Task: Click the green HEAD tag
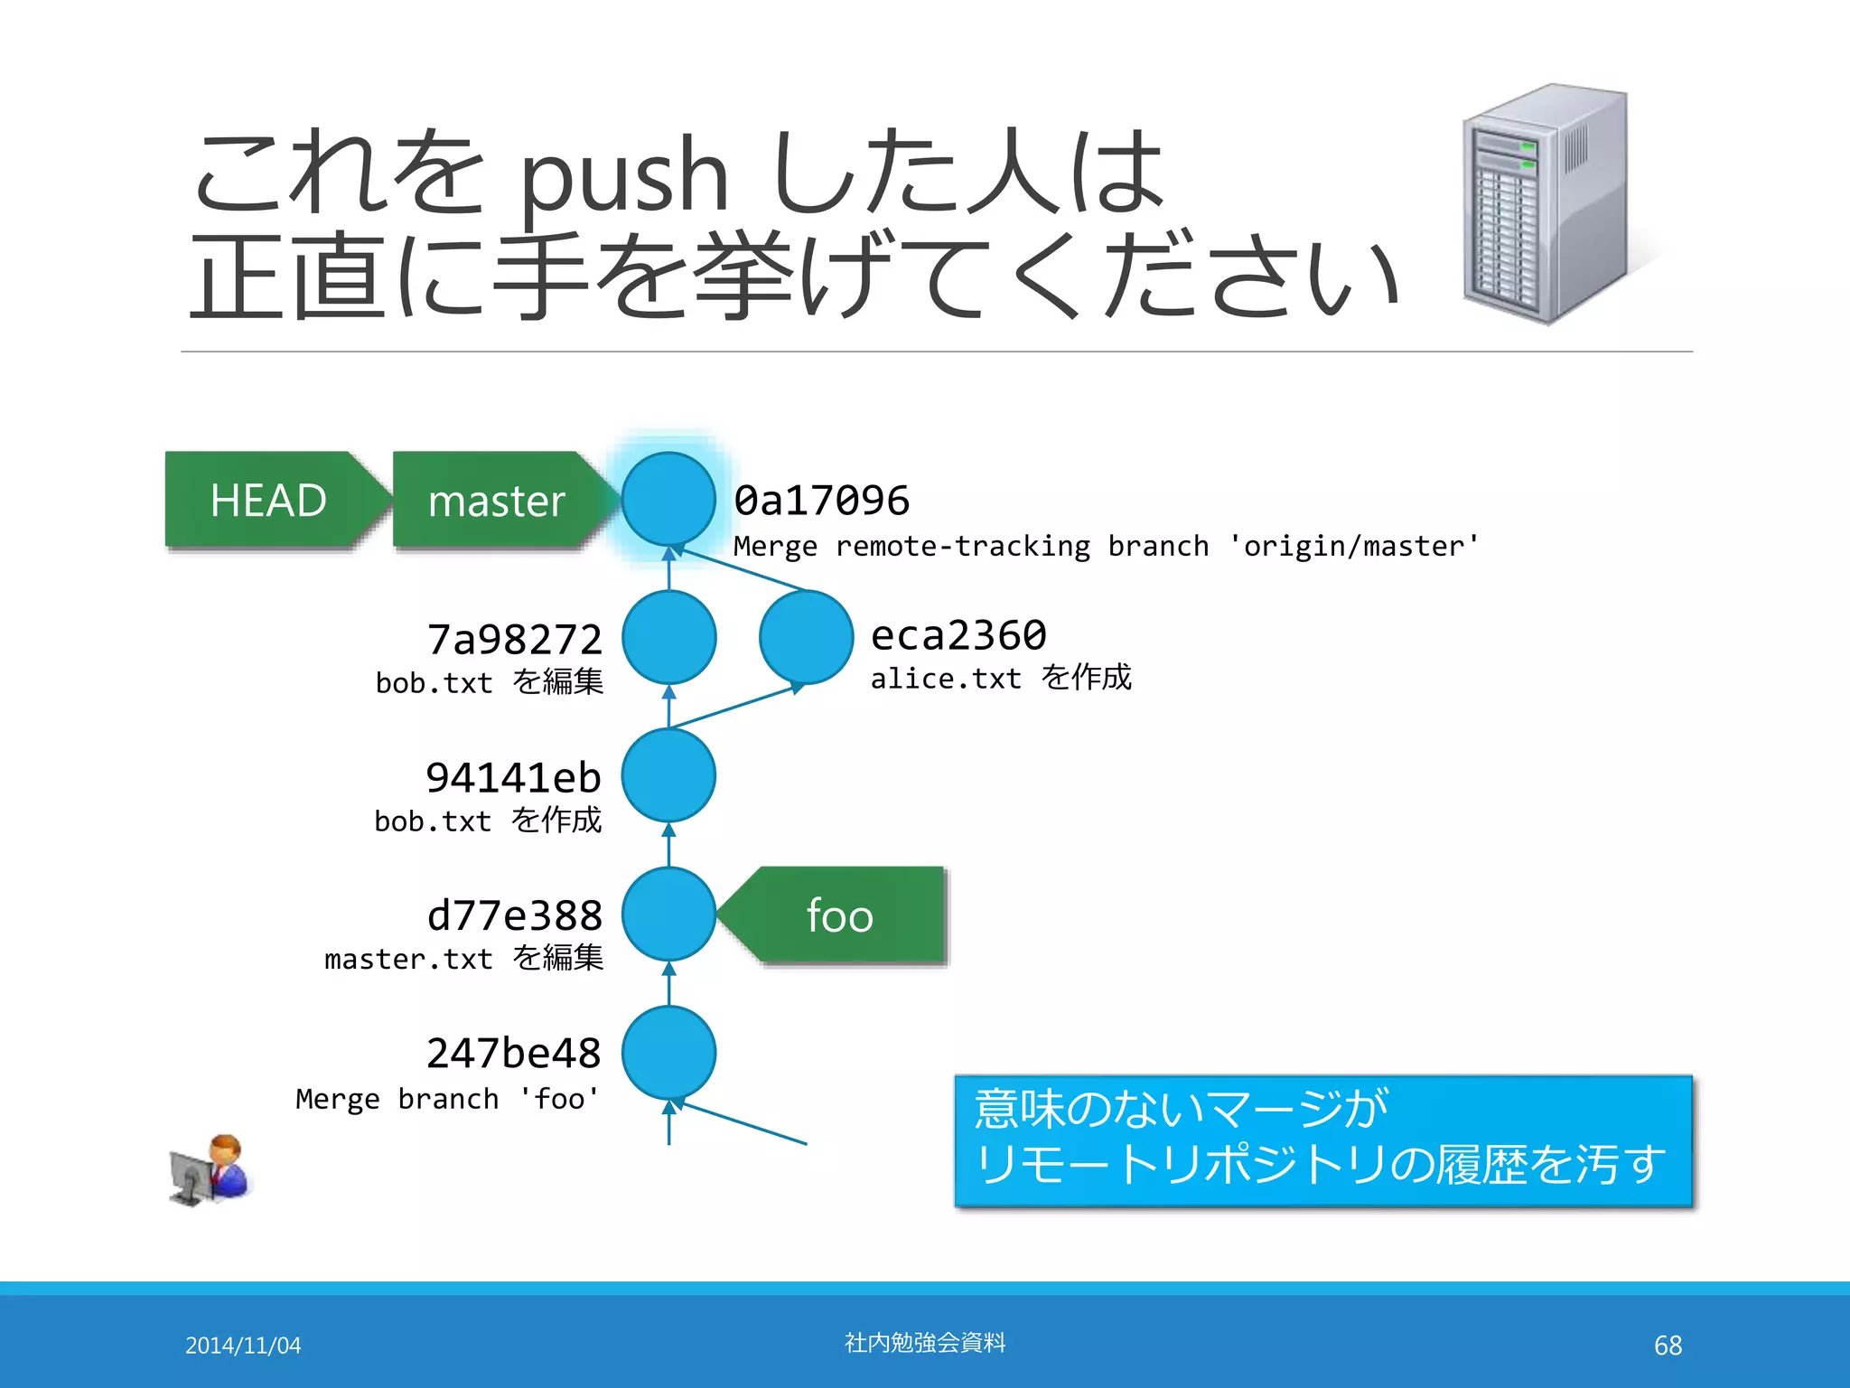[x=268, y=500]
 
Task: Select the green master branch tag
[x=497, y=500]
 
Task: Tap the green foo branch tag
[x=840, y=915]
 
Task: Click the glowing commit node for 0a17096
[x=668, y=499]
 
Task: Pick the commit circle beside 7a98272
[x=668, y=637]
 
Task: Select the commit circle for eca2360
[x=806, y=637]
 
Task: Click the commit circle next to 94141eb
[x=668, y=775]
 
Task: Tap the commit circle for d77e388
[x=668, y=914]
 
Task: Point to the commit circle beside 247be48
[x=668, y=1052]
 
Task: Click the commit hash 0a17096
[x=821, y=501]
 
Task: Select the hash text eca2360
[x=958, y=635]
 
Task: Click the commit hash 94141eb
[x=513, y=777]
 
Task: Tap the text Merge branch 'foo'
[x=447, y=1099]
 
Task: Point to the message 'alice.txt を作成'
[x=1001, y=678]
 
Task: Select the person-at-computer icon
[x=210, y=1170]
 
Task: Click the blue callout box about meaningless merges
[x=1323, y=1140]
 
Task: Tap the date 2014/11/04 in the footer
[x=243, y=1346]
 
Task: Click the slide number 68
[x=1668, y=1346]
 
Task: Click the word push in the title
[x=623, y=176]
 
